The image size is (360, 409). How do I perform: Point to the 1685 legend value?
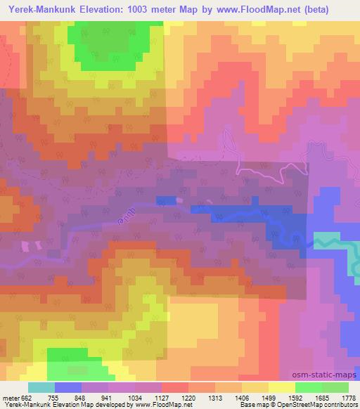click(x=321, y=397)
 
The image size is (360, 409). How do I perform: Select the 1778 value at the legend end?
click(x=347, y=397)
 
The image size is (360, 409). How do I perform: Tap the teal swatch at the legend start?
click(x=41, y=387)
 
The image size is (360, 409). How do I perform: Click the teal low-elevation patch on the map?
click(x=327, y=242)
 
